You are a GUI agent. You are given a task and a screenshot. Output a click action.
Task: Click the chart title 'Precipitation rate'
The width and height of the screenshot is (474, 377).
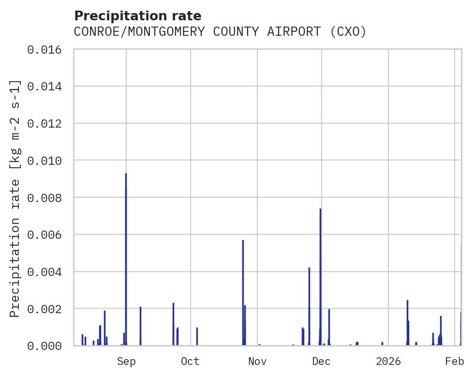(x=138, y=16)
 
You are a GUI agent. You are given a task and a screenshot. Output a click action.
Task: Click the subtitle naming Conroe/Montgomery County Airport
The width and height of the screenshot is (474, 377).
(x=220, y=32)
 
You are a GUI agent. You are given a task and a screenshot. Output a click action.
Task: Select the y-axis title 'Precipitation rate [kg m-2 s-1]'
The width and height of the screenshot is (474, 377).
(x=15, y=198)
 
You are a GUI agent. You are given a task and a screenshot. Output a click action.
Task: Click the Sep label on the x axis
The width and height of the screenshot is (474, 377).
(x=126, y=362)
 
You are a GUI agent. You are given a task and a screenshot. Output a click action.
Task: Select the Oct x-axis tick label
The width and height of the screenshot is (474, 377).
(x=190, y=362)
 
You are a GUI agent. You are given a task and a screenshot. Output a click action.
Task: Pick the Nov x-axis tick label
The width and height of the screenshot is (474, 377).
(x=257, y=362)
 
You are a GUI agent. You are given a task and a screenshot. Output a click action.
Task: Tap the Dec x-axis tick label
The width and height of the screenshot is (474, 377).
(x=321, y=362)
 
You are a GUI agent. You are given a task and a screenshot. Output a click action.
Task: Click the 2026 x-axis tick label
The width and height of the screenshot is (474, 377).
(x=388, y=362)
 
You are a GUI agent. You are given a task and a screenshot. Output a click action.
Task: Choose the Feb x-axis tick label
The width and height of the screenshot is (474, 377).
(x=455, y=362)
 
